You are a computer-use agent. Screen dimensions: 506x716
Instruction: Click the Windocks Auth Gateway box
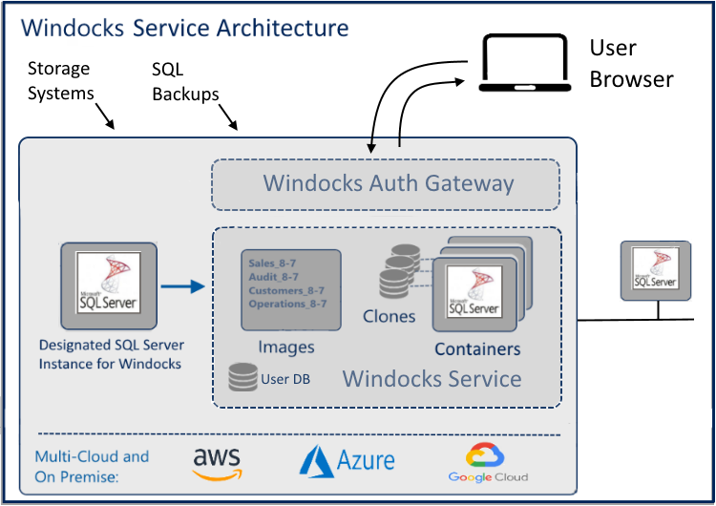point(385,183)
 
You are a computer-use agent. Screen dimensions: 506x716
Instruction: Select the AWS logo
point(217,463)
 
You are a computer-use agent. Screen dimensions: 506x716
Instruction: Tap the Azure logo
point(347,461)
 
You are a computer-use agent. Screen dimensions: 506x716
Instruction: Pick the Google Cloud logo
point(488,463)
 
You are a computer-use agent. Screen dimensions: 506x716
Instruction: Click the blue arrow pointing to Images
point(183,285)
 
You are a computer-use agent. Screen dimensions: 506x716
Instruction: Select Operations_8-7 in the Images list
point(287,304)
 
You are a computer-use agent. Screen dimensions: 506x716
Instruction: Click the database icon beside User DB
point(242,378)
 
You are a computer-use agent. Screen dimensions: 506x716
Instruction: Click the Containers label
point(477,348)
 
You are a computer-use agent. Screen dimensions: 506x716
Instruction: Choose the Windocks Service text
point(432,379)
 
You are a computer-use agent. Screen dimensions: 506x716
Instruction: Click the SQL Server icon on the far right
point(654,268)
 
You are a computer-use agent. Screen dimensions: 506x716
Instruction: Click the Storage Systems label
point(60,81)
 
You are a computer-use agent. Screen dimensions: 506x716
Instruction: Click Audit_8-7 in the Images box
point(273,276)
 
